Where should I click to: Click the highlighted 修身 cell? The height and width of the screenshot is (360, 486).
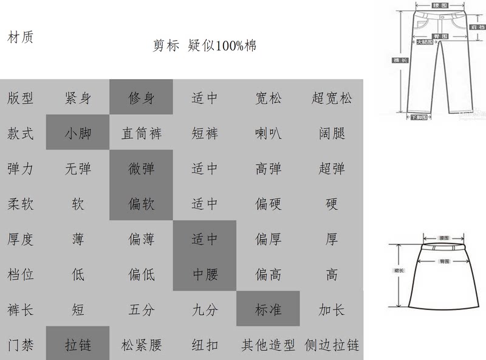click(x=142, y=97)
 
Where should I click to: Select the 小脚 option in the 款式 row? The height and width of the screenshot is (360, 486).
click(x=78, y=133)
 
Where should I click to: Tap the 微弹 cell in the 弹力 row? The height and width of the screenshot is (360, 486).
click(x=142, y=168)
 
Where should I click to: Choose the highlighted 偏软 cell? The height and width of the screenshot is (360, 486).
click(x=142, y=203)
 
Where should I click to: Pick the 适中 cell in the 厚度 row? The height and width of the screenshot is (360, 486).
click(x=205, y=239)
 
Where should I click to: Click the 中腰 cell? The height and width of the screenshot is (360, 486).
click(x=205, y=274)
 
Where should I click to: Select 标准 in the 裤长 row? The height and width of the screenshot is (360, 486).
click(x=268, y=310)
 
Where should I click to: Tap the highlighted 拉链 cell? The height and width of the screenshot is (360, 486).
click(x=78, y=345)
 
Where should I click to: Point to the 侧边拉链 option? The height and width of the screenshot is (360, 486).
click(x=332, y=345)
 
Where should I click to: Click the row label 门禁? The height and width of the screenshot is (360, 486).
click(x=21, y=345)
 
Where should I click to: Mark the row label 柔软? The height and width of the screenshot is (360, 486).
click(x=21, y=203)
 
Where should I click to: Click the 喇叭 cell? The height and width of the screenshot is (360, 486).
click(x=268, y=133)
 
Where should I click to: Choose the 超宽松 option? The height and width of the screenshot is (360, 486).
click(x=332, y=97)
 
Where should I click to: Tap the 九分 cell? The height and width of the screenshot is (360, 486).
click(x=205, y=310)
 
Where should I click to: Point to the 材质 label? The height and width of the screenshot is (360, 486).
click(x=20, y=37)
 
